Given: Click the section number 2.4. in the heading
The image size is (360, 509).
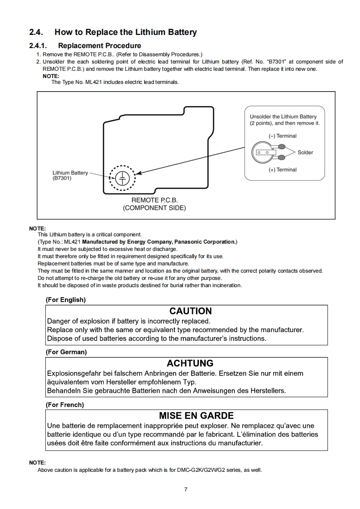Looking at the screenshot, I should tap(36, 32).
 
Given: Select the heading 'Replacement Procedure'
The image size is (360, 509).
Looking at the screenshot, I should tap(99, 45).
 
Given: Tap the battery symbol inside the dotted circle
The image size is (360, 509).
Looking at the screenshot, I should tap(123, 178).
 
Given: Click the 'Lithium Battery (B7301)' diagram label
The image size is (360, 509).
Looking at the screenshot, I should tap(70, 175).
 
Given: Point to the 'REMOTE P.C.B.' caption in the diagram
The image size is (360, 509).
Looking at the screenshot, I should tap(154, 200).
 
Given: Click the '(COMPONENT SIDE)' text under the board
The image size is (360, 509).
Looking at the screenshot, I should tap(154, 208).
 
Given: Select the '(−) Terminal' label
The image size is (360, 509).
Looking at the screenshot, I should tap(282, 136).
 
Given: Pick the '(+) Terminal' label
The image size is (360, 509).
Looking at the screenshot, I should tap(282, 170).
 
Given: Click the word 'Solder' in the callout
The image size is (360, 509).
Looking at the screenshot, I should tap(305, 152).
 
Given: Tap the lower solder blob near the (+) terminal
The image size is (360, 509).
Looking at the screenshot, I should tap(281, 157).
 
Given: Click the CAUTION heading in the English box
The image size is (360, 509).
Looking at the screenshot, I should tap(190, 311).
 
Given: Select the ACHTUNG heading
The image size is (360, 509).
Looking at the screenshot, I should tap(190, 363).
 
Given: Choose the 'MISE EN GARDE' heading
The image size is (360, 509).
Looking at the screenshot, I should tap(196, 416).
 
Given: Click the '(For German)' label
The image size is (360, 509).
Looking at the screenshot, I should tap(66, 352).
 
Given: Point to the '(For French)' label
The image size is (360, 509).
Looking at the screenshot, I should tap(65, 405).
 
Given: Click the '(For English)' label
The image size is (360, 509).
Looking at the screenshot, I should tap(66, 300).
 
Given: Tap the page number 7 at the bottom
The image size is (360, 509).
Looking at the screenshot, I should tap(186, 489).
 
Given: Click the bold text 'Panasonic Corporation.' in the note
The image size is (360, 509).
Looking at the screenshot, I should tap(207, 242).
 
